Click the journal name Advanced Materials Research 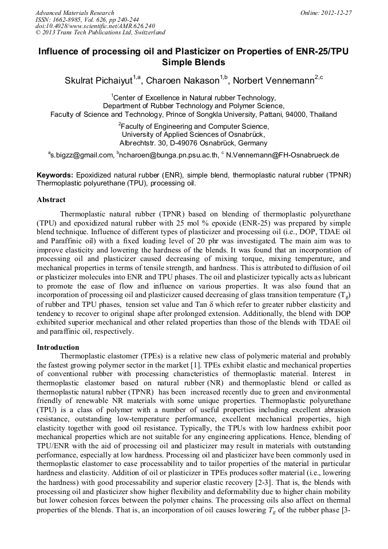(x=74, y=13)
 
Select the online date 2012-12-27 (x=338, y=13)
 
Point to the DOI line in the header (x=95, y=26)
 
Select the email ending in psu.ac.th (x=169, y=155)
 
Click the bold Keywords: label (x=55, y=175)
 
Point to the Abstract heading (x=51, y=200)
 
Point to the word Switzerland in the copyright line (x=147, y=33)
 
